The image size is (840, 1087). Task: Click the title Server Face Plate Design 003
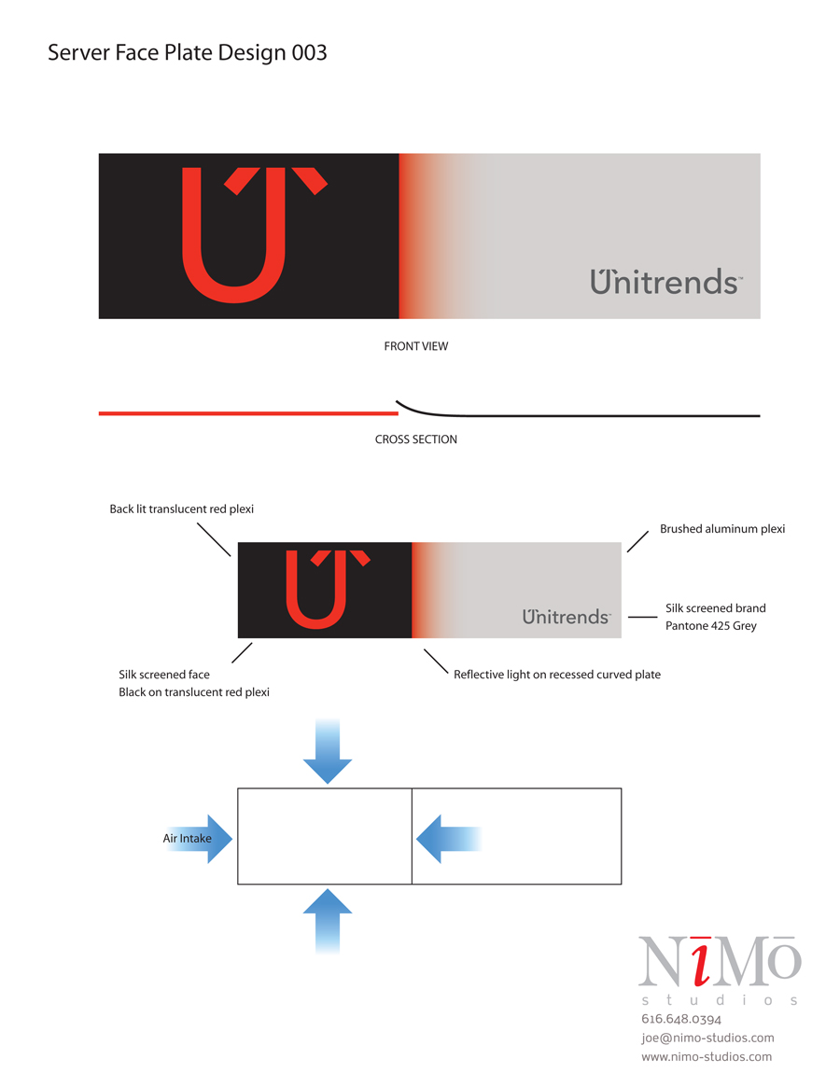(188, 52)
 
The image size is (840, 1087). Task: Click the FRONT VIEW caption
(416, 346)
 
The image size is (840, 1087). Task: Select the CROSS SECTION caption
(416, 439)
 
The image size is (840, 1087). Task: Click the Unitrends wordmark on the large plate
(666, 282)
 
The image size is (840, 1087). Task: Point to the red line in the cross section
(248, 413)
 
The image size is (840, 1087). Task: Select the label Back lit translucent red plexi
(182, 509)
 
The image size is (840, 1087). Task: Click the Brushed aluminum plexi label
(722, 529)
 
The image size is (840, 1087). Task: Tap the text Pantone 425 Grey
(711, 626)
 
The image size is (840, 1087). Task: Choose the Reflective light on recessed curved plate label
(557, 675)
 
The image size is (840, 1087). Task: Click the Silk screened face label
(163, 675)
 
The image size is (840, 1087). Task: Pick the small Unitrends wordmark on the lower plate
(567, 617)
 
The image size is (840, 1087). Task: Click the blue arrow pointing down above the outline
(328, 751)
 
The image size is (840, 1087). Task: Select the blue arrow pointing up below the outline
(328, 922)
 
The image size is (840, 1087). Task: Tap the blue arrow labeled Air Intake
(199, 839)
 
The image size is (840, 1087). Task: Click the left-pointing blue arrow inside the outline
(448, 839)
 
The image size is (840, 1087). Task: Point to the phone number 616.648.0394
(681, 1019)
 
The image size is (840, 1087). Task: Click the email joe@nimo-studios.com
(707, 1038)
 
